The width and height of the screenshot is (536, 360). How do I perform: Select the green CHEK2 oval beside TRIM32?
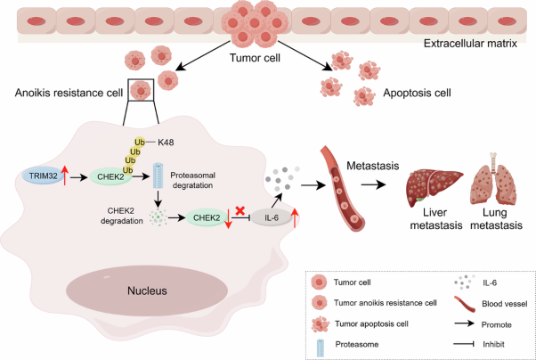click(111, 176)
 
